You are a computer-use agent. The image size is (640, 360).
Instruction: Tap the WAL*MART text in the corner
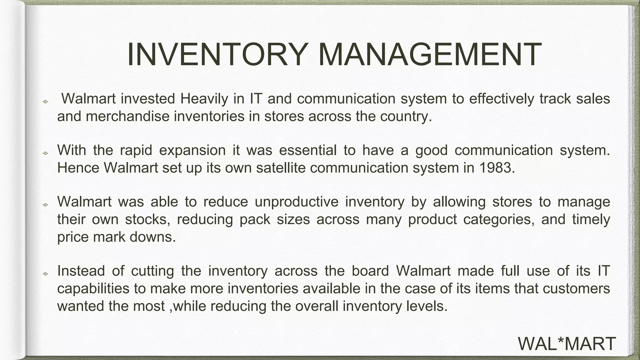tap(567, 344)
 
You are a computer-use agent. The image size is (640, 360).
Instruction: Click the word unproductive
tap(297, 202)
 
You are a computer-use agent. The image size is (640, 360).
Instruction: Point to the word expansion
tap(192, 151)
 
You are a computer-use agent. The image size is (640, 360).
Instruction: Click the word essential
tap(307, 151)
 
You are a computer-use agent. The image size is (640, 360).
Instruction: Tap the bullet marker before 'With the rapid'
tap(45, 153)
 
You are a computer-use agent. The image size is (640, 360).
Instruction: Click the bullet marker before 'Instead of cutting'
tap(45, 274)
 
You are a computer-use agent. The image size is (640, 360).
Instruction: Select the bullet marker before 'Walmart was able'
tap(45, 205)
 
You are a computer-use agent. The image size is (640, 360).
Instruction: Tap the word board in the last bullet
tap(370, 271)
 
